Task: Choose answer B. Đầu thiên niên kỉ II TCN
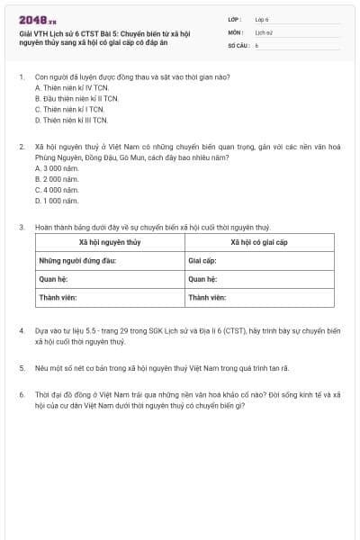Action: [76, 98]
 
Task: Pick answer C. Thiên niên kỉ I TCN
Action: [69, 109]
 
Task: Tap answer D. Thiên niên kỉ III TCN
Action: [71, 120]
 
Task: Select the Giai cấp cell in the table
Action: [202, 261]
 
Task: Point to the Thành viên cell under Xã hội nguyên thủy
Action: [56, 297]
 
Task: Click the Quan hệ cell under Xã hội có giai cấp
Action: [202, 279]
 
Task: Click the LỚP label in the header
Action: [235, 18]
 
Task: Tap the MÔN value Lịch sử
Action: [263, 31]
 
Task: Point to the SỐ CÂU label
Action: [238, 44]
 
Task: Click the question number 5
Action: [21, 368]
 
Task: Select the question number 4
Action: [21, 330]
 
